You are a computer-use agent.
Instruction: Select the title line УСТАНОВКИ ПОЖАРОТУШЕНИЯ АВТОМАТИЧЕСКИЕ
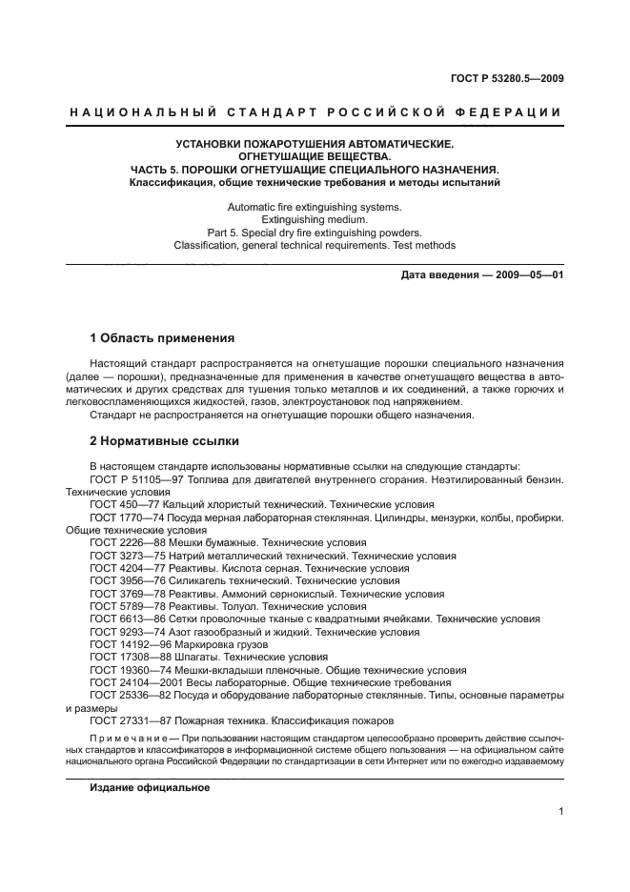coord(315,144)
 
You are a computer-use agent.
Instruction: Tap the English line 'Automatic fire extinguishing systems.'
coord(315,207)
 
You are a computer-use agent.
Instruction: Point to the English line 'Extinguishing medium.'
coord(315,219)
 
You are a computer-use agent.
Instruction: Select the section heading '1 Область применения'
coord(161,338)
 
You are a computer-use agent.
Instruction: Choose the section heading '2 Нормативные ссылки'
coord(164,441)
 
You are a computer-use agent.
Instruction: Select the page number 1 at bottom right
coord(561,812)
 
